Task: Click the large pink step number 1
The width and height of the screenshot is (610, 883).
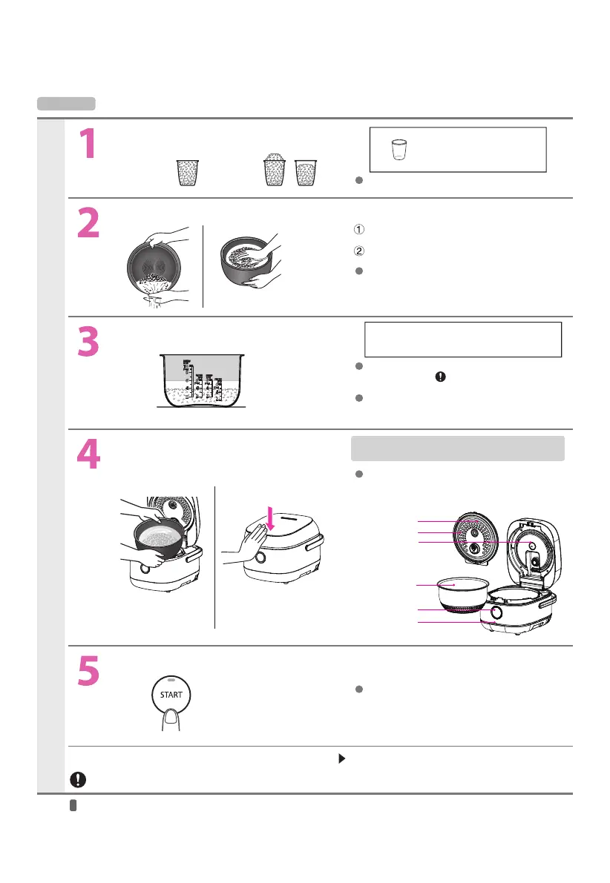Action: tap(88, 143)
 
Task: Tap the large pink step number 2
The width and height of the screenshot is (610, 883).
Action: tap(88, 222)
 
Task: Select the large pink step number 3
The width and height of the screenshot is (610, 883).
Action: tap(88, 341)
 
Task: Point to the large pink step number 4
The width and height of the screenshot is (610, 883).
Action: tap(88, 454)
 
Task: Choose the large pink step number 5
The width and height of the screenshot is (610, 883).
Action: tap(88, 671)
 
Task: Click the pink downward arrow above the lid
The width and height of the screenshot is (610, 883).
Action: tap(271, 519)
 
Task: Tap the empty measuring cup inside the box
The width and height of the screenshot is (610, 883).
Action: tap(399, 150)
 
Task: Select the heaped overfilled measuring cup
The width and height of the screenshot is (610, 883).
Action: tap(275, 169)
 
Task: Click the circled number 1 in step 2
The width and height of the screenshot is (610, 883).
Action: tap(359, 229)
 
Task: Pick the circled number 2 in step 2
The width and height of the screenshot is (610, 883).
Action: tap(359, 251)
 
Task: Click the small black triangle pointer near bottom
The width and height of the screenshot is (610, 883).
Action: tap(341, 758)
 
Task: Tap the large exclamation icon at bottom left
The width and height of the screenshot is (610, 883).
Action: tap(78, 779)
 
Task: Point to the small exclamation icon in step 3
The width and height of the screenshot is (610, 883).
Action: tap(441, 377)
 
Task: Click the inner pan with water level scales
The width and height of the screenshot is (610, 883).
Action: tap(202, 380)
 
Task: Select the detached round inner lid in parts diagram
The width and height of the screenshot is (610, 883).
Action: tap(476, 538)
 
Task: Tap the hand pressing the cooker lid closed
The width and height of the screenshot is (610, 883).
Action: tap(248, 542)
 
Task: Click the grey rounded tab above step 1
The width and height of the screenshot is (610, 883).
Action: tap(66, 104)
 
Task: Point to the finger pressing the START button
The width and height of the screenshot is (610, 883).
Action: tap(171, 720)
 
